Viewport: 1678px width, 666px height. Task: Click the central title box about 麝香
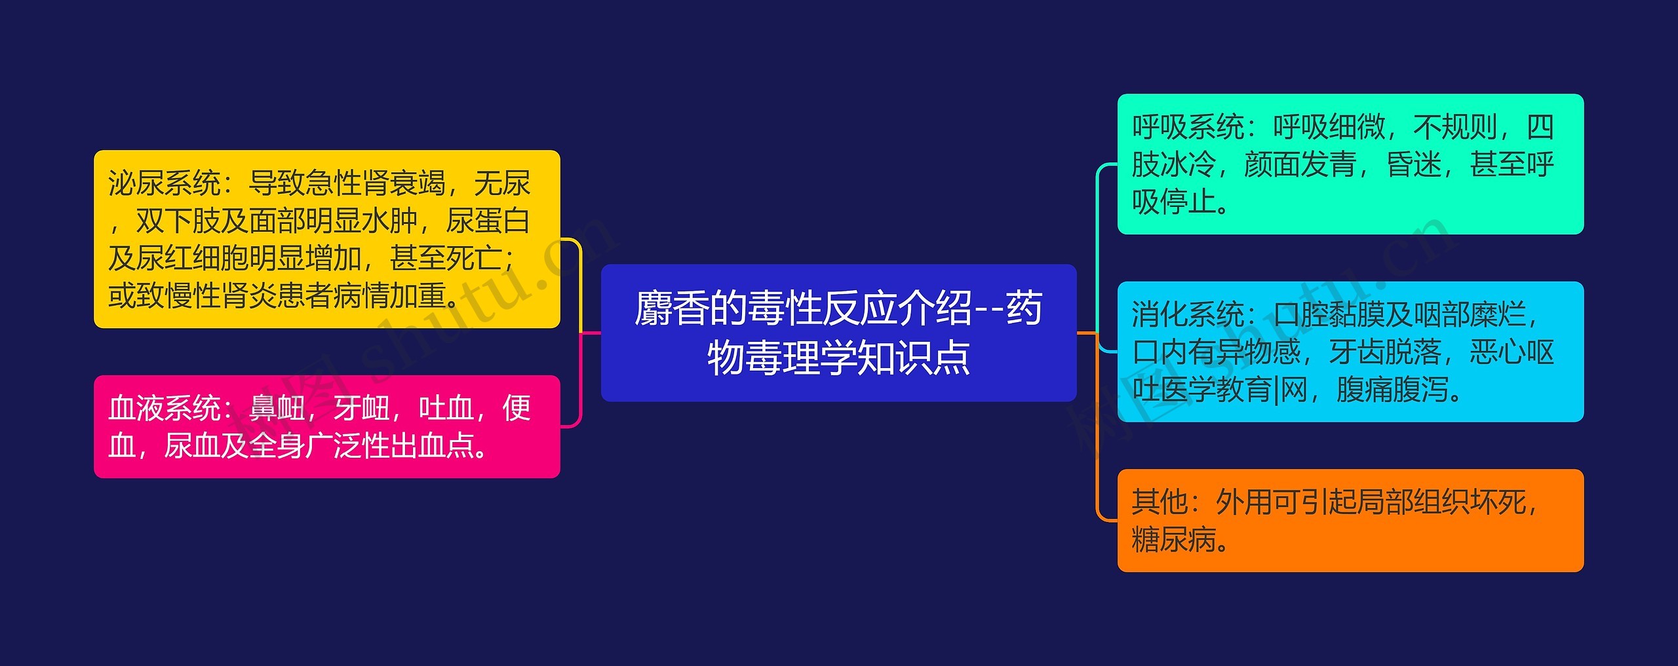838,333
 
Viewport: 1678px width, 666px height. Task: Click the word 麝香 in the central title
671,309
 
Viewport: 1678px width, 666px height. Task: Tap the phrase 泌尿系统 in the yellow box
165,183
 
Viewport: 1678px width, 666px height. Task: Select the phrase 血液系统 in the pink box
165,409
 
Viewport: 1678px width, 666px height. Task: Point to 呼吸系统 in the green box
1188,127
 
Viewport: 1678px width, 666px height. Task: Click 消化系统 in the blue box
1188,315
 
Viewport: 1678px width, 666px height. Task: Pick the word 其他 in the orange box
1160,502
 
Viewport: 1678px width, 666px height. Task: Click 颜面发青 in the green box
1300,164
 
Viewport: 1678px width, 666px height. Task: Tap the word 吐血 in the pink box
446,409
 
